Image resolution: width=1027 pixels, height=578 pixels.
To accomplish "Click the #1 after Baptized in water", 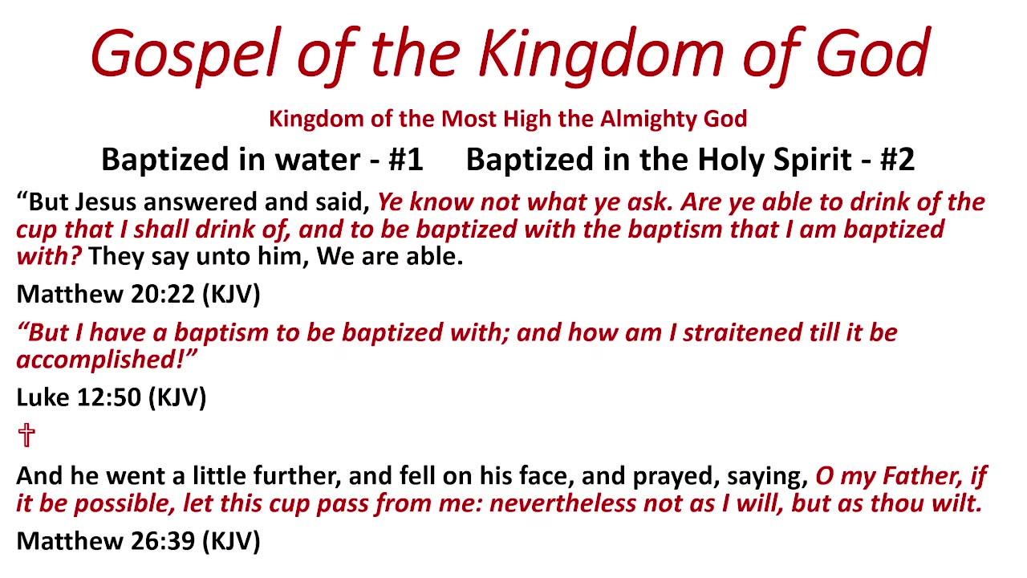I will tap(406, 160).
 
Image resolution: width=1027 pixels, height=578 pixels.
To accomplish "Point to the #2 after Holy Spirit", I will tap(897, 160).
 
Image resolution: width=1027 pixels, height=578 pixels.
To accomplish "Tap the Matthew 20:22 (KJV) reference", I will tap(138, 294).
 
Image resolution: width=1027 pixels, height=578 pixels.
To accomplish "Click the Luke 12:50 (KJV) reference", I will tap(111, 397).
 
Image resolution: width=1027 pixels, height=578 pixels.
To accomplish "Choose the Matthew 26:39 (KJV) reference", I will tap(138, 540).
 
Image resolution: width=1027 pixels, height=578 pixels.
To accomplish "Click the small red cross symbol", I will tap(26, 436).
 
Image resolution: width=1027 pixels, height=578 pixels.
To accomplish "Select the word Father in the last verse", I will tap(918, 476).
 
